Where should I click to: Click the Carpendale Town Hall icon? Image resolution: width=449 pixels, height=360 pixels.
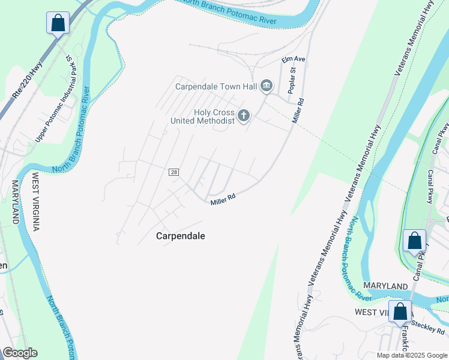pyautogui.click(x=267, y=87)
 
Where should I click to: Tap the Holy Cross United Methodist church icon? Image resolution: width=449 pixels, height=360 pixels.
pyautogui.click(x=243, y=115)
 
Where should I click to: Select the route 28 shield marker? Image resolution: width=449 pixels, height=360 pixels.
pyautogui.click(x=174, y=172)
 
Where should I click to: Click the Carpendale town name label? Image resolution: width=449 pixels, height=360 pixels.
pyautogui.click(x=181, y=236)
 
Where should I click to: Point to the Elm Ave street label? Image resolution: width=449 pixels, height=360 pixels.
pyautogui.click(x=294, y=59)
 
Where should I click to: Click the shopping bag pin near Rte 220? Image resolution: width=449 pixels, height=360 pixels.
pyautogui.click(x=58, y=24)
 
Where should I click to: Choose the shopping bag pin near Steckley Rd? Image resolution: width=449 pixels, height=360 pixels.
pyautogui.click(x=400, y=312)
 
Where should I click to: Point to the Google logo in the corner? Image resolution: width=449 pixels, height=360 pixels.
pyautogui.click(x=20, y=353)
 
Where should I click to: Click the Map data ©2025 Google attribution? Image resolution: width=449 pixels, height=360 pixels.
pyautogui.click(x=412, y=355)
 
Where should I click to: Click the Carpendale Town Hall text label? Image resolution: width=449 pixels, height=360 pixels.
pyautogui.click(x=216, y=86)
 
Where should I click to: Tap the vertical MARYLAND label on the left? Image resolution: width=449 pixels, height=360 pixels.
pyautogui.click(x=15, y=201)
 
